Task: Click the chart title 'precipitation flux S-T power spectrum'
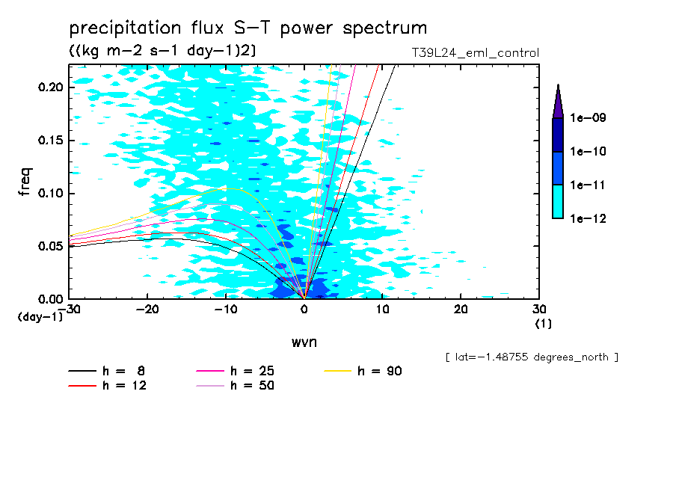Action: [x=248, y=29]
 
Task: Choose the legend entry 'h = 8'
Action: [x=124, y=371]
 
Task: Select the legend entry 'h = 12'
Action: [x=124, y=386]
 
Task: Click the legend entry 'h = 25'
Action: [x=252, y=371]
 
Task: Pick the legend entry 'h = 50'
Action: [x=252, y=386]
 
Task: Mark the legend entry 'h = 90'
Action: [x=380, y=371]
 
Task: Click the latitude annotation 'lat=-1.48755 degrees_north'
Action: [x=531, y=357]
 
